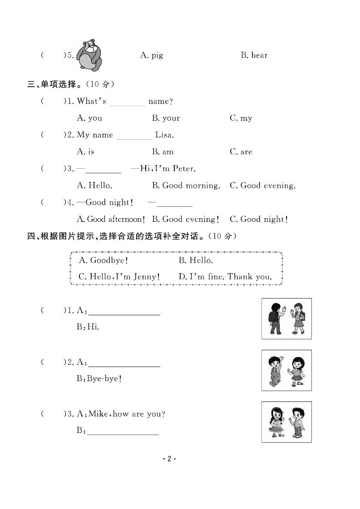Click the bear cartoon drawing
point(89,55)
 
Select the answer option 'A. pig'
point(152,55)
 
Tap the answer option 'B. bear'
point(254,55)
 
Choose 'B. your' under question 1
point(166,118)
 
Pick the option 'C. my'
point(241,118)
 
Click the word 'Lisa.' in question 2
point(164,135)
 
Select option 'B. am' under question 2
point(163,152)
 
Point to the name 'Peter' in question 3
point(183,169)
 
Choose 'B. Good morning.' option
point(186,185)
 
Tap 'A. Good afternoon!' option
point(111,219)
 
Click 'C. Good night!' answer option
point(258,219)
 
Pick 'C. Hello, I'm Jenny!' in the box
point(119,276)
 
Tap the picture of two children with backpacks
point(286,318)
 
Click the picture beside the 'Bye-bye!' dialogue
point(286,370)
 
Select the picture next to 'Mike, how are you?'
point(286,422)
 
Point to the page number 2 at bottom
point(168,459)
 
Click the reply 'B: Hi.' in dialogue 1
point(88,327)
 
